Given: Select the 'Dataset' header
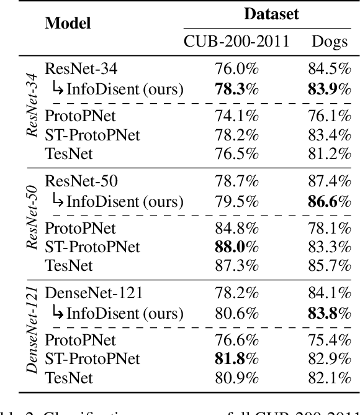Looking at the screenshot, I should (271, 14).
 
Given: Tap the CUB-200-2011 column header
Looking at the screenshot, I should (236, 42).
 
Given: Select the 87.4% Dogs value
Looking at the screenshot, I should (329, 182).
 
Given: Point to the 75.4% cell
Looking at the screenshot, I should (329, 340).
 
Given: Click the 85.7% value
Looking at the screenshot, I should (329, 265).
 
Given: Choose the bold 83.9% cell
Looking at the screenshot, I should (329, 89).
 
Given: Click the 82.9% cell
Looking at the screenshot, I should (329, 358).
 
